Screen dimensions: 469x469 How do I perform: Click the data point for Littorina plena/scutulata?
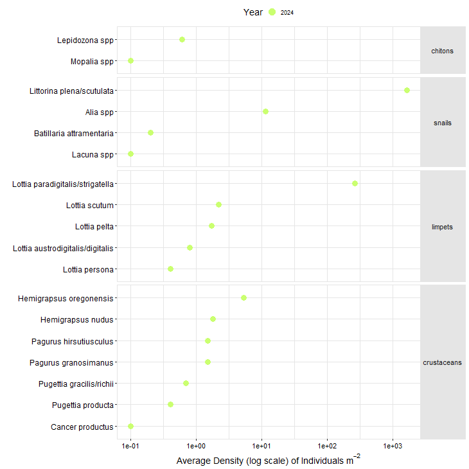(x=407, y=90)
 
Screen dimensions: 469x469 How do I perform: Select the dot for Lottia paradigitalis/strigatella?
(x=355, y=183)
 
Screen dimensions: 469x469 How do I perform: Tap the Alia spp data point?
(x=265, y=111)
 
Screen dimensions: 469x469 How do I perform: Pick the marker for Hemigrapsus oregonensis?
(x=243, y=297)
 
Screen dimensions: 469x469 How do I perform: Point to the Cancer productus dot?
(x=130, y=426)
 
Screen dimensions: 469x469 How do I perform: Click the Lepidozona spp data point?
(x=182, y=39)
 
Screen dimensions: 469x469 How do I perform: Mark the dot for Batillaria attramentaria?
(x=150, y=132)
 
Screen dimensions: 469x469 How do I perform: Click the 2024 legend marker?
(x=272, y=12)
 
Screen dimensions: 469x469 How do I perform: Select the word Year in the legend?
(x=252, y=12)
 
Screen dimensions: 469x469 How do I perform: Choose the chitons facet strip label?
(x=442, y=51)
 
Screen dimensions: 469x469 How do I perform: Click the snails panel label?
(x=442, y=122)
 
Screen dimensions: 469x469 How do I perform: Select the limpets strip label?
(x=442, y=227)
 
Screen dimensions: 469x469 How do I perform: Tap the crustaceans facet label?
(x=442, y=362)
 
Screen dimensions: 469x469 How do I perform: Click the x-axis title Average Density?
(x=268, y=461)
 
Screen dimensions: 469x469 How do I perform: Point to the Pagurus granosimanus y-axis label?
(x=71, y=362)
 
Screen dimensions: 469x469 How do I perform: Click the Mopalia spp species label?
(x=92, y=62)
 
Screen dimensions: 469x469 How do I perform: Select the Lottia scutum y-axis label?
(x=89, y=206)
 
